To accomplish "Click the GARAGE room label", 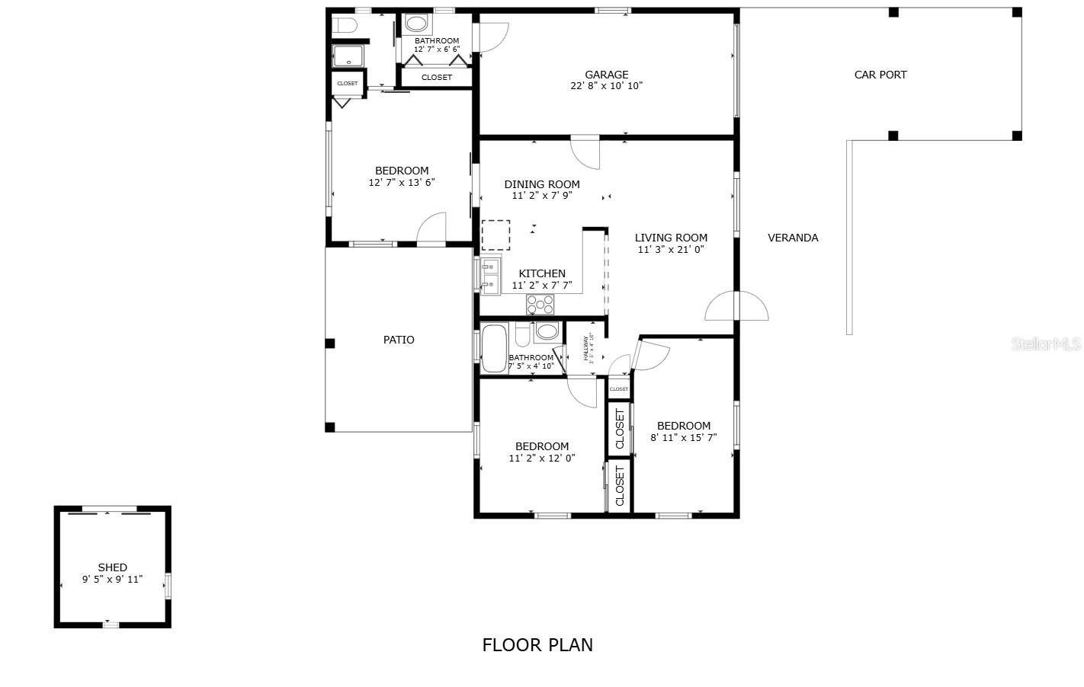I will coord(606,75).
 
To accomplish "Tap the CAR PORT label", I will coord(880,75).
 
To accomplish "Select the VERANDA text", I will coord(793,238).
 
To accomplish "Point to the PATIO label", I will coord(399,340).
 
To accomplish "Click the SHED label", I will coord(112,567).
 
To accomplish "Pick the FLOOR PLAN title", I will coord(537,645).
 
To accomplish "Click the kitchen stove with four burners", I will coord(540,305).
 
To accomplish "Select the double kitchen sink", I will coord(489,276).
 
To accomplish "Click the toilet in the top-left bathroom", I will coord(346,25).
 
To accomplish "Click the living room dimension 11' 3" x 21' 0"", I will coord(671,249).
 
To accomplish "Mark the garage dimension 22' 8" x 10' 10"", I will coord(606,86).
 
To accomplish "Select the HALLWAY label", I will coord(586,349).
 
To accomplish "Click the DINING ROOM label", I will coord(542,184).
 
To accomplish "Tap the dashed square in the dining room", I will coord(495,235).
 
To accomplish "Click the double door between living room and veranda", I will coord(736,306).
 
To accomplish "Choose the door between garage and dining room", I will coord(585,151).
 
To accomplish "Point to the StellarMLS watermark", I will coord(1045,344).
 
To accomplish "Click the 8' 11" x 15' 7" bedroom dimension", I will coord(683,438).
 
